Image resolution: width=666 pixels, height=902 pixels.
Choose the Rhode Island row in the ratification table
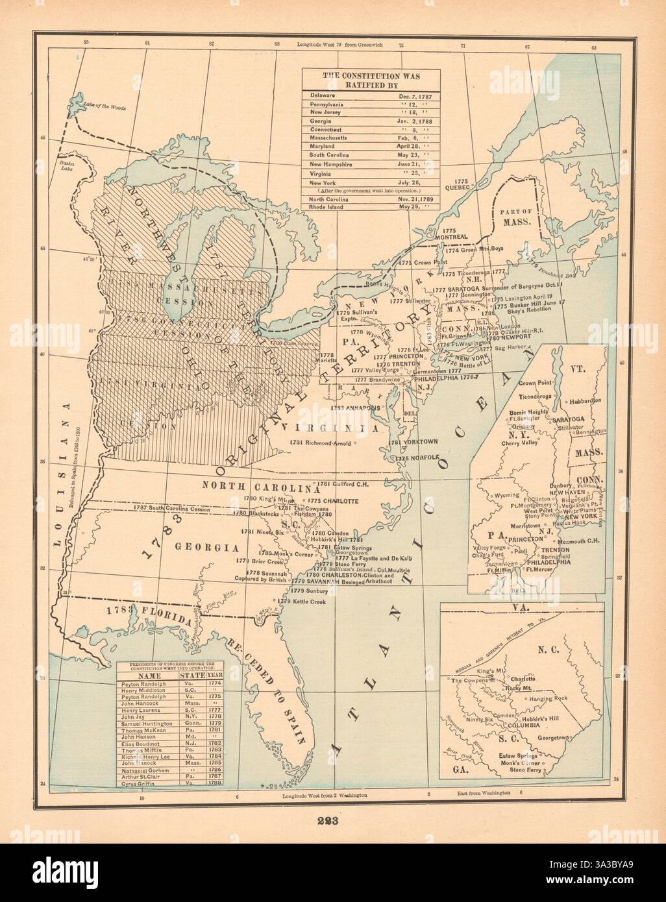(327, 207)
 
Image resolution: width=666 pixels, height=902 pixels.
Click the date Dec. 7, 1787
(414, 95)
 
